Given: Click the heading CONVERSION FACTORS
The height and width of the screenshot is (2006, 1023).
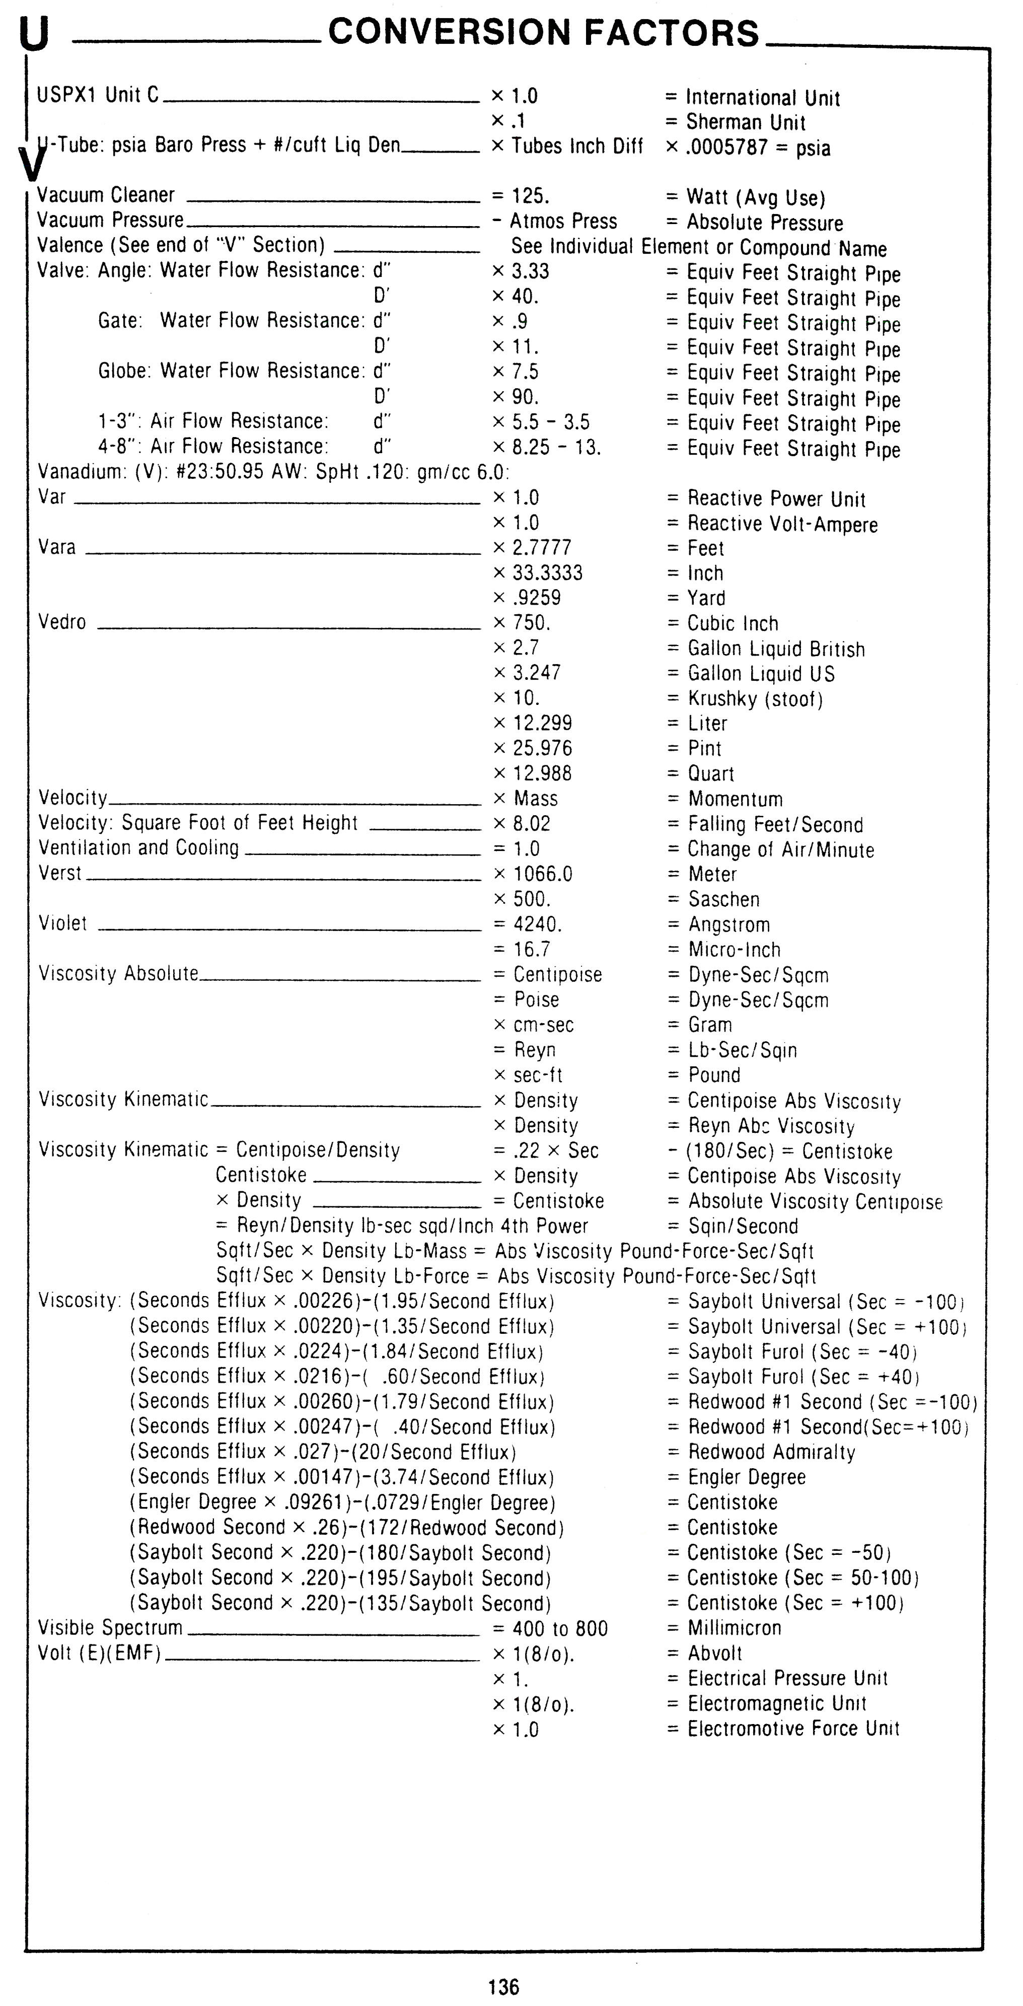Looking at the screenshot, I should [543, 33].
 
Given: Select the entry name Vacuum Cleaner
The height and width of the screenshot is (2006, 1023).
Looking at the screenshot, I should [106, 195].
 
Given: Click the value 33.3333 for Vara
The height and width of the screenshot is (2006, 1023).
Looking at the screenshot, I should [547, 573].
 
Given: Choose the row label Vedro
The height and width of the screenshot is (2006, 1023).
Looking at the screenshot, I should [62, 622].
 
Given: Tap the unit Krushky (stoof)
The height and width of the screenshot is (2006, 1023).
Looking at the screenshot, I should [754, 698].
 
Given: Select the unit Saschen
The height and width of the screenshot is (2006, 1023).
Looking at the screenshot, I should [724, 899].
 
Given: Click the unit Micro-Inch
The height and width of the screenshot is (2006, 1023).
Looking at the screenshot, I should [734, 950].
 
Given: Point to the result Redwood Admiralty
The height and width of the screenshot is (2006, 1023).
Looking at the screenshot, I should [772, 1452].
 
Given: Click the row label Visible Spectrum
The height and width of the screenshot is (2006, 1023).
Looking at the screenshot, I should [110, 1628].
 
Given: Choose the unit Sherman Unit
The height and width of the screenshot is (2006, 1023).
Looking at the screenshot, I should [745, 122].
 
